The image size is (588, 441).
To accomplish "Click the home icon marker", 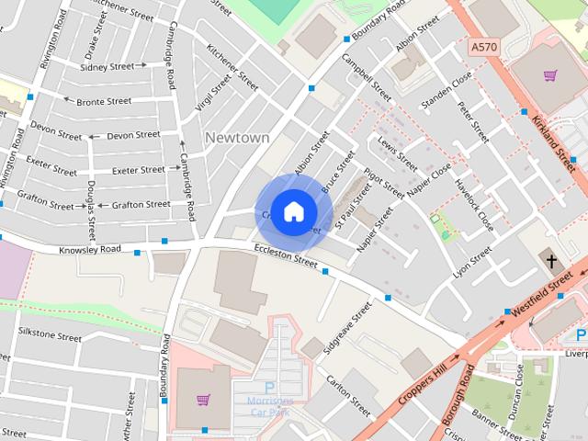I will tap(293, 212).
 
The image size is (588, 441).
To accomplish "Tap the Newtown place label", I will tap(237, 138).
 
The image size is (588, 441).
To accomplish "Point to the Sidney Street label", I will tap(107, 67).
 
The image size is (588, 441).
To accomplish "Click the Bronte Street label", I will tap(104, 101).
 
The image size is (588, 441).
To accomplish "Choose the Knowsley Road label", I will tap(89, 249).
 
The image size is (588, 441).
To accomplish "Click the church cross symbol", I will tap(552, 261).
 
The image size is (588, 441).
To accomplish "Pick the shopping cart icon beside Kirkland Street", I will tap(549, 76).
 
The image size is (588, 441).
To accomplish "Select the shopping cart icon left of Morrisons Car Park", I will tap(203, 400).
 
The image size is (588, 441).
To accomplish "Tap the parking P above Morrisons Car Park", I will tap(270, 388).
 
